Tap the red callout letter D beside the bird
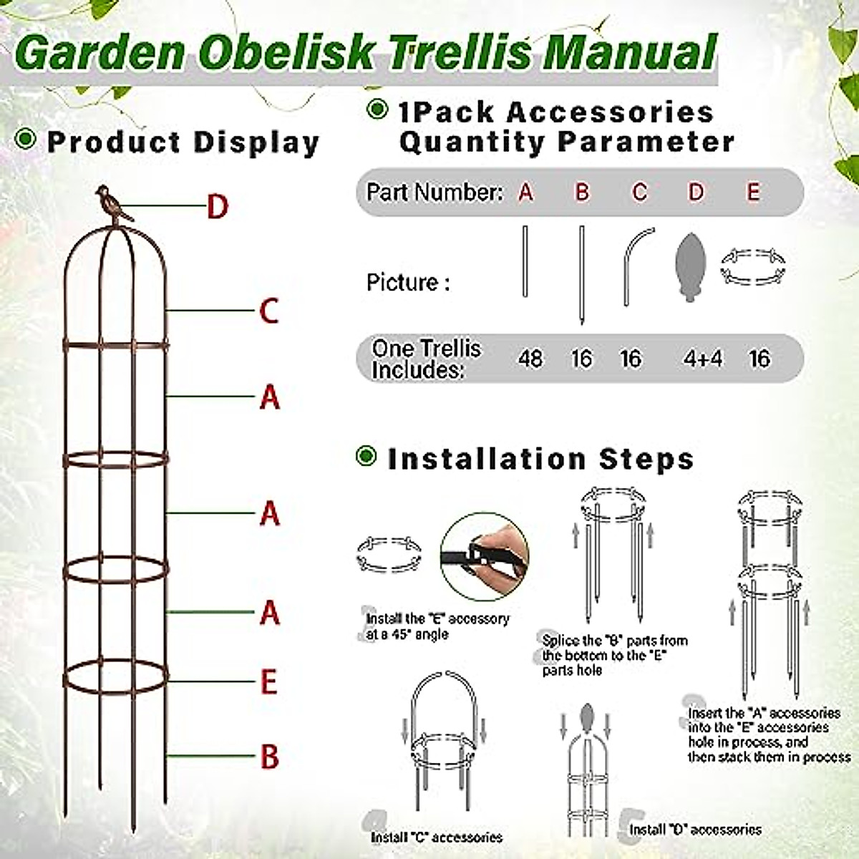(217, 207)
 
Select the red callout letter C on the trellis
(268, 311)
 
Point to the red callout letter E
(268, 682)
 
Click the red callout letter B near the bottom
(269, 757)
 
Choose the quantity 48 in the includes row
(530, 359)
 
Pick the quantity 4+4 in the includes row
(702, 359)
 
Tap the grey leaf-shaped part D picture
(690, 267)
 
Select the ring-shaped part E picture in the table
(752, 266)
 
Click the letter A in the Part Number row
(526, 193)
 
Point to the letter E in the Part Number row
(753, 193)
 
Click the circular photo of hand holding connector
(485, 556)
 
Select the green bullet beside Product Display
(26, 139)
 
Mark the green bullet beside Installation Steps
(367, 456)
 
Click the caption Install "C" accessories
(436, 837)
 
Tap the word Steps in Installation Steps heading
(646, 459)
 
